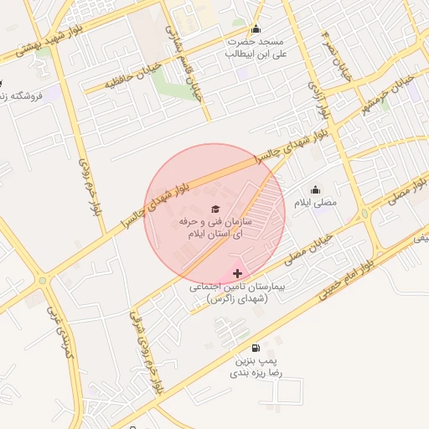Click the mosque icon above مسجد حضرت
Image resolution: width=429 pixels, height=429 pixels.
point(256,28)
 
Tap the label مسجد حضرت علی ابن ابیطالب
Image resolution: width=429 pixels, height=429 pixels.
point(256,47)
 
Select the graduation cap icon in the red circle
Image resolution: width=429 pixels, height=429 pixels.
point(215,208)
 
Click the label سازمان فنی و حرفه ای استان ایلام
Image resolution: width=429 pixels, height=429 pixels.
point(215,227)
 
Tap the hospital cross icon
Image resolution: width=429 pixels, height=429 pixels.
point(237,273)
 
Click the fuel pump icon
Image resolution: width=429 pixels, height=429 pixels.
point(255,348)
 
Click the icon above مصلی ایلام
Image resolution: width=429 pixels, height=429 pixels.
point(315,189)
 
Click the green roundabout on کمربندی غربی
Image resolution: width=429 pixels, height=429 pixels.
point(42,280)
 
